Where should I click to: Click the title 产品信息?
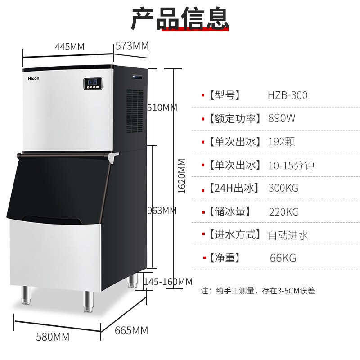pos(180,19)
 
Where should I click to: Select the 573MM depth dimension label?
pos(132,46)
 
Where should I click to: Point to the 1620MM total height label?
pos(182,176)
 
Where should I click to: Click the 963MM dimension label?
pos(162,210)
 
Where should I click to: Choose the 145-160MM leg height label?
pos(168,282)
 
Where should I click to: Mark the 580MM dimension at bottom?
pos(54,337)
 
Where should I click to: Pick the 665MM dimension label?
pos(131,331)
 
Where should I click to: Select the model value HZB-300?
pos(288,95)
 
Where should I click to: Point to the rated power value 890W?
pos(282,119)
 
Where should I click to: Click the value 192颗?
pos(282,142)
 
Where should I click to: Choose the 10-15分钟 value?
pos(291,165)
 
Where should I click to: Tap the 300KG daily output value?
pos(283,188)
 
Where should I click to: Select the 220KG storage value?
pos(283,211)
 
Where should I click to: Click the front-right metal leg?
pos(88,301)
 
